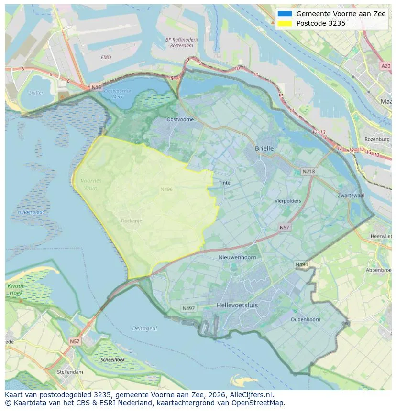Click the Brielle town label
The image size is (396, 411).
click(264, 148)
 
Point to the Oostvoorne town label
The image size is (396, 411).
click(180, 119)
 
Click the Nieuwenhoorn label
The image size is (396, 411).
click(237, 257)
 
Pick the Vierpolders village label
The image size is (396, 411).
click(287, 201)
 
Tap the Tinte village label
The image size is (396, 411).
click(224, 183)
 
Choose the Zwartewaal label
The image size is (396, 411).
click(351, 196)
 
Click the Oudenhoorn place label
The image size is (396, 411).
click(305, 319)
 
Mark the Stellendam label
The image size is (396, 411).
click(70, 372)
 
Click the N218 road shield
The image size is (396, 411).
click(308, 171)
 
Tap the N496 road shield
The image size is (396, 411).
click(166, 190)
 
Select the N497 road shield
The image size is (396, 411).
click(188, 308)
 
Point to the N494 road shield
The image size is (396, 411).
click(301, 264)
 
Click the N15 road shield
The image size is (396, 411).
click(96, 87)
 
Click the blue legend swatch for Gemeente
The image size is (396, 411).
click(284, 14)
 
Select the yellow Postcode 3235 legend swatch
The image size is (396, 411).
click(284, 23)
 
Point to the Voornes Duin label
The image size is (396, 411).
click(91, 184)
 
